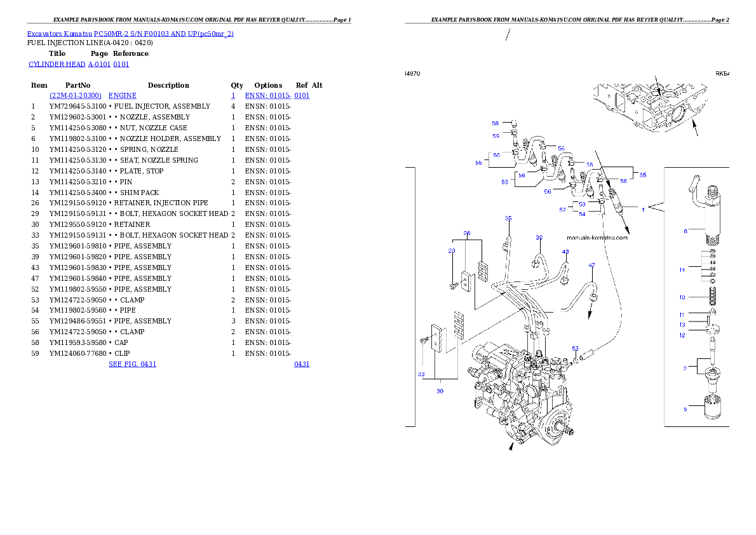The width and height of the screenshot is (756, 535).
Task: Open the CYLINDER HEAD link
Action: click(x=57, y=64)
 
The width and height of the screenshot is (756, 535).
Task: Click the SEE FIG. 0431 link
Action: click(x=133, y=364)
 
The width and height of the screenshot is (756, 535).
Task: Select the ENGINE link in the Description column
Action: click(x=123, y=95)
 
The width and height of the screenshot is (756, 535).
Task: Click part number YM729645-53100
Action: click(x=78, y=106)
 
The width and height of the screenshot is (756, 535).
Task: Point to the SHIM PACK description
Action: click(x=139, y=193)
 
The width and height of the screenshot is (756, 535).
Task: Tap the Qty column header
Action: click(x=237, y=85)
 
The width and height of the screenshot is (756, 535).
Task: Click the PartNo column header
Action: click(x=78, y=85)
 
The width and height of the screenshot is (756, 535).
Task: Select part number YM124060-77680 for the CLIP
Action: click(x=78, y=353)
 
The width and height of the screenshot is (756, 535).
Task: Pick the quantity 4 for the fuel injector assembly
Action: click(x=233, y=106)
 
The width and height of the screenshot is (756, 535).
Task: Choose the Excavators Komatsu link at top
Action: click(x=59, y=34)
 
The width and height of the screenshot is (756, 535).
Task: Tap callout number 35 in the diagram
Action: click(x=508, y=219)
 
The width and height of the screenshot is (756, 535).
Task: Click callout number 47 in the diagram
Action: click(x=591, y=266)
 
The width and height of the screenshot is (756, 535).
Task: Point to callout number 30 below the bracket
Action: click(x=440, y=391)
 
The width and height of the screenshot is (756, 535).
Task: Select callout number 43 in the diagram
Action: click(x=565, y=252)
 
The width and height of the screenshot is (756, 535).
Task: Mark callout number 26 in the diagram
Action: click(x=467, y=233)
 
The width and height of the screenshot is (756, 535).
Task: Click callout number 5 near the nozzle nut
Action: click(x=685, y=410)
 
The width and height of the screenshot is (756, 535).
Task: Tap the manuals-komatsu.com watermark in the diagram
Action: click(x=597, y=238)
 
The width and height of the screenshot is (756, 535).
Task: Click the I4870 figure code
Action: click(x=412, y=74)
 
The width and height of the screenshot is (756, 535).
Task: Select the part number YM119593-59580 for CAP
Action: click(x=78, y=342)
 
